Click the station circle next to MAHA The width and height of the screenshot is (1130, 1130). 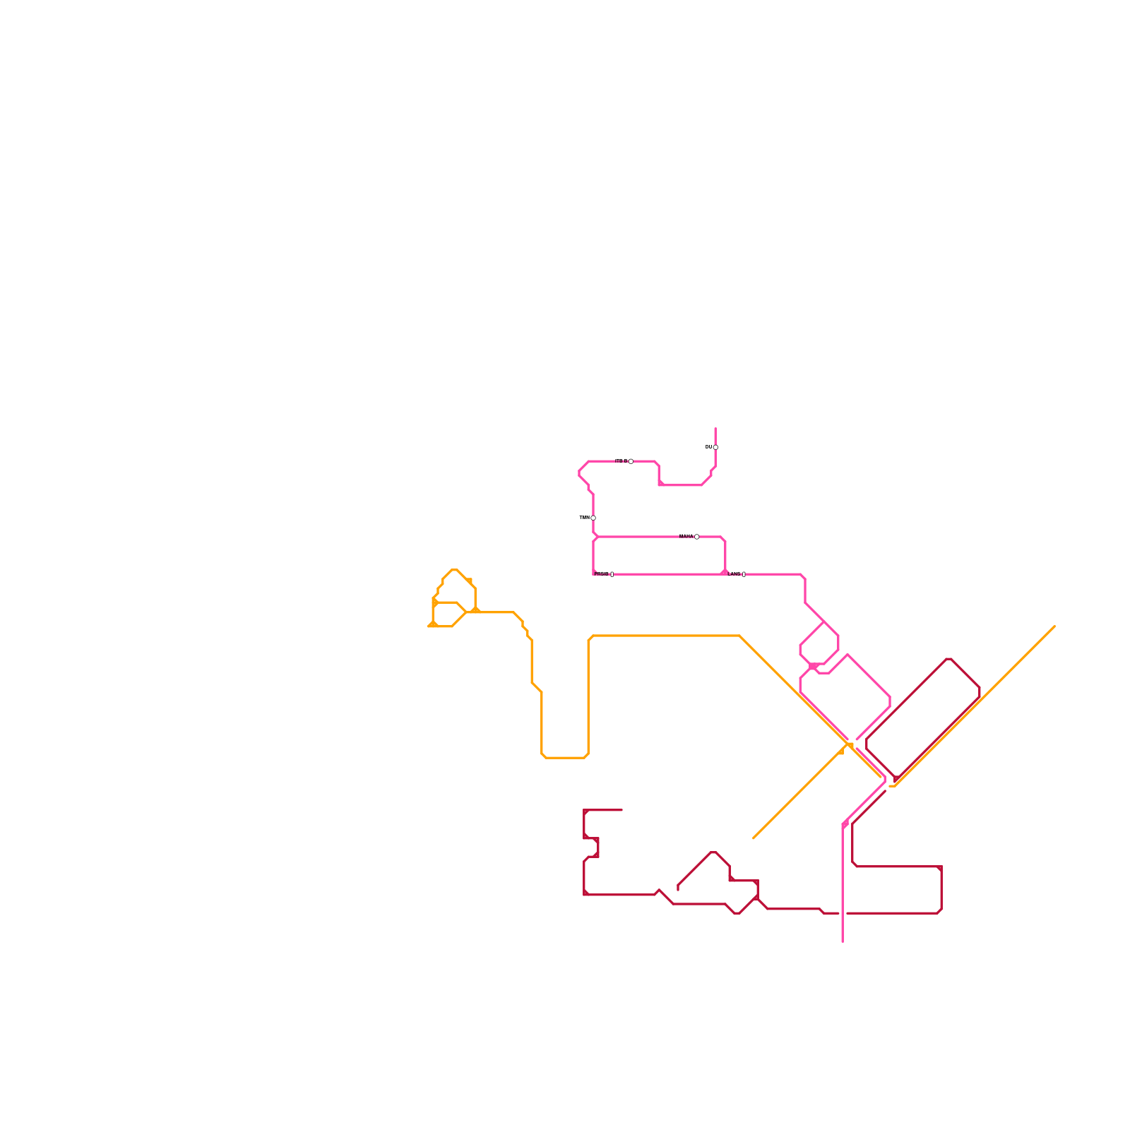tap(696, 537)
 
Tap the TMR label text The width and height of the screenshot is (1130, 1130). tap(584, 518)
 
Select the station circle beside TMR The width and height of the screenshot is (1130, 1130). tap(593, 518)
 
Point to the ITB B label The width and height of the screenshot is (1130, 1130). tap(621, 461)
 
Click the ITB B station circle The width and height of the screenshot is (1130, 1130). tap(631, 461)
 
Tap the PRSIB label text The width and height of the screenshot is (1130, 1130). tap(601, 574)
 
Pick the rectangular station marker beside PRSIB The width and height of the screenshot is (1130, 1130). tap(612, 574)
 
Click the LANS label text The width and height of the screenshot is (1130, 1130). tap(734, 574)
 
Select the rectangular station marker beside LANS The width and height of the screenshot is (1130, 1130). tap(744, 574)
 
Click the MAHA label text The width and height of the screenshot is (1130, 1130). tap(686, 537)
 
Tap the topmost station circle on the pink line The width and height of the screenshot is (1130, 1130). tap(715, 447)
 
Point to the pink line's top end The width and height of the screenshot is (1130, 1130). tap(715, 428)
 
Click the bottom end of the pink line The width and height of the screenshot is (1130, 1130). tap(843, 941)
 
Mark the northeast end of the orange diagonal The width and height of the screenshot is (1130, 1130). tap(1054, 626)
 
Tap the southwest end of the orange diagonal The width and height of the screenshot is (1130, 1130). tap(754, 838)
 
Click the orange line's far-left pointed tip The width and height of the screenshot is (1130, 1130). tap(429, 626)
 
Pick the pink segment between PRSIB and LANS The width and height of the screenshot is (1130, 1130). tap(667, 574)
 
